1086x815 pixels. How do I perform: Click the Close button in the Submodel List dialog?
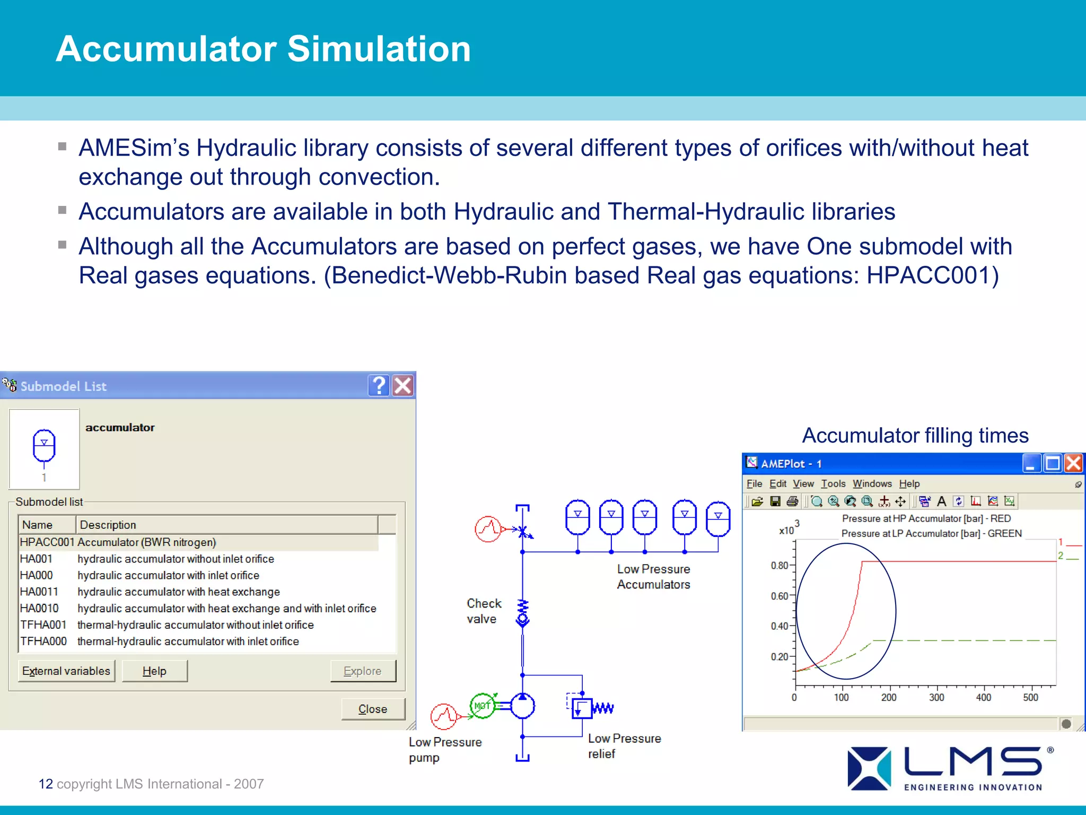click(373, 709)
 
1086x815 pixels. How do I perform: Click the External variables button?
click(66, 671)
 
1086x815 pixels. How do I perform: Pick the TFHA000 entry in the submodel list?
click(43, 641)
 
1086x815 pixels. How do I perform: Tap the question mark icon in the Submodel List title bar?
click(379, 386)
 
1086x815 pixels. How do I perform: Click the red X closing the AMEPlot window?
click(1073, 463)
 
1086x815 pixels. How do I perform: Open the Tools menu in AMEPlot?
click(833, 484)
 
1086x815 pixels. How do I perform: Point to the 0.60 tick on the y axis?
click(780, 596)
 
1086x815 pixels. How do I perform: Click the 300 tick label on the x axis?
click(936, 698)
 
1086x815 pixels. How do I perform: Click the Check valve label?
click(483, 611)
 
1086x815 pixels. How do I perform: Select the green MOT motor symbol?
click(482, 706)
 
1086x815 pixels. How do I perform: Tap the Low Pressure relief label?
click(624, 746)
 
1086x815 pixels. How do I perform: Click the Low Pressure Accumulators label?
click(653, 577)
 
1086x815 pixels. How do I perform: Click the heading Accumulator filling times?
click(915, 436)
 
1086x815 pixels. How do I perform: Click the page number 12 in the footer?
click(46, 784)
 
